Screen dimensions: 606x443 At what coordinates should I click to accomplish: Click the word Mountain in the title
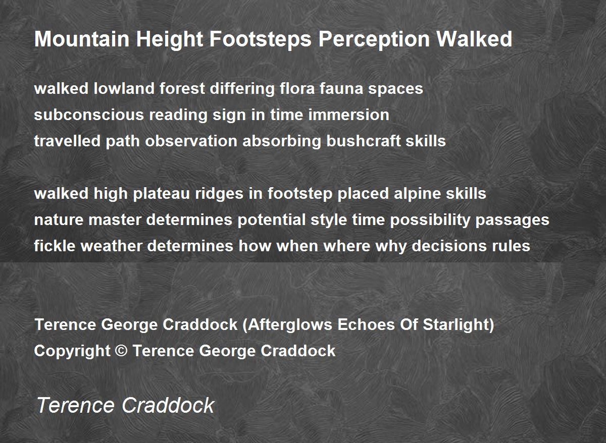pyautogui.click(x=82, y=39)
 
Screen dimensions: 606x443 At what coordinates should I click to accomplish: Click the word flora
pyautogui.click(x=297, y=88)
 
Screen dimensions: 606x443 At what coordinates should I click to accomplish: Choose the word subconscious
pyautogui.click(x=89, y=115)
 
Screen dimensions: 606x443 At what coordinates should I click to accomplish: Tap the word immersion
pyautogui.click(x=349, y=115)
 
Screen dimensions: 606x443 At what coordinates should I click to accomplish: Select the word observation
pyautogui.click(x=191, y=141)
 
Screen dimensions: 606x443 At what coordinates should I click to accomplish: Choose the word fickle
pyautogui.click(x=55, y=246)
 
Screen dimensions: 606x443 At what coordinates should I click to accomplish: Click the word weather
pyautogui.click(x=112, y=246)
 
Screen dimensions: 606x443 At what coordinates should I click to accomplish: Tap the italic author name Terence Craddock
pyautogui.click(x=126, y=405)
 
